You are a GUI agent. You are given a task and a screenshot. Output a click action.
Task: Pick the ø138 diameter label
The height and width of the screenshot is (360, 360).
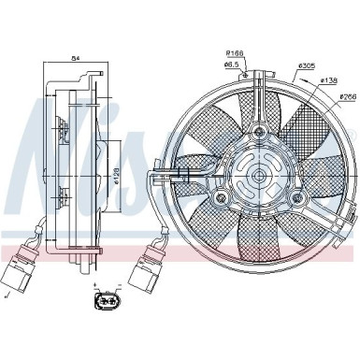pos(328,80)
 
